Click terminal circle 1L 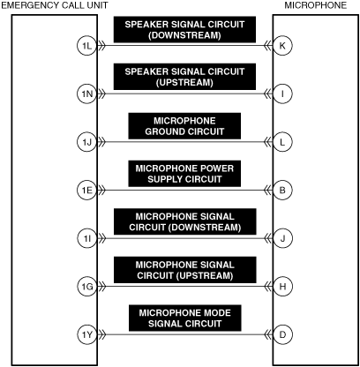87,46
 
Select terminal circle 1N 87,94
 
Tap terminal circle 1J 87,142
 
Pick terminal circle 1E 87,191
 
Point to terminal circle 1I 87,238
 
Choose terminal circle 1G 87,287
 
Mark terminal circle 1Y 87,334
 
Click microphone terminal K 282,46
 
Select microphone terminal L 282,142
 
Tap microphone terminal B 282,191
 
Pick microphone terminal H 282,287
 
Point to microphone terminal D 282,334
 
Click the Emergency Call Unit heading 55,5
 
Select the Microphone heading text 316,5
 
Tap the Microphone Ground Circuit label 184,126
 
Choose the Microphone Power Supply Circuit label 184,174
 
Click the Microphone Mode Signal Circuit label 185,318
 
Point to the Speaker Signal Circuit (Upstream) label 184,77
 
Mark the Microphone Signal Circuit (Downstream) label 185,221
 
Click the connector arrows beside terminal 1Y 101,334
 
